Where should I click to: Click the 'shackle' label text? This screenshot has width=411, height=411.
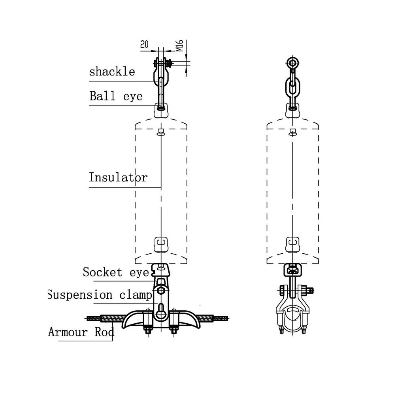tap(112, 72)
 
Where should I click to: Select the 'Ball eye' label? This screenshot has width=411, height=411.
tap(116, 96)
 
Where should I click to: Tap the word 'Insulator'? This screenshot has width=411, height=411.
tap(118, 177)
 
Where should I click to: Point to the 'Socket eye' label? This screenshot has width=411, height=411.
tap(116, 272)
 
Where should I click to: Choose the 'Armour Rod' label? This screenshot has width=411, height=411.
tap(81, 332)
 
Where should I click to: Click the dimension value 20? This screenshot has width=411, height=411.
tap(144, 44)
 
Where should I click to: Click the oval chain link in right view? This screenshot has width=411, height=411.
tap(292, 86)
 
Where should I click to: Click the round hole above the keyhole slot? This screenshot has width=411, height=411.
tap(160, 291)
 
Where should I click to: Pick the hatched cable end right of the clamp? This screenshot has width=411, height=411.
tap(221, 318)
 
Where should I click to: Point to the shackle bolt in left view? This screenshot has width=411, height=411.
tap(161, 62)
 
